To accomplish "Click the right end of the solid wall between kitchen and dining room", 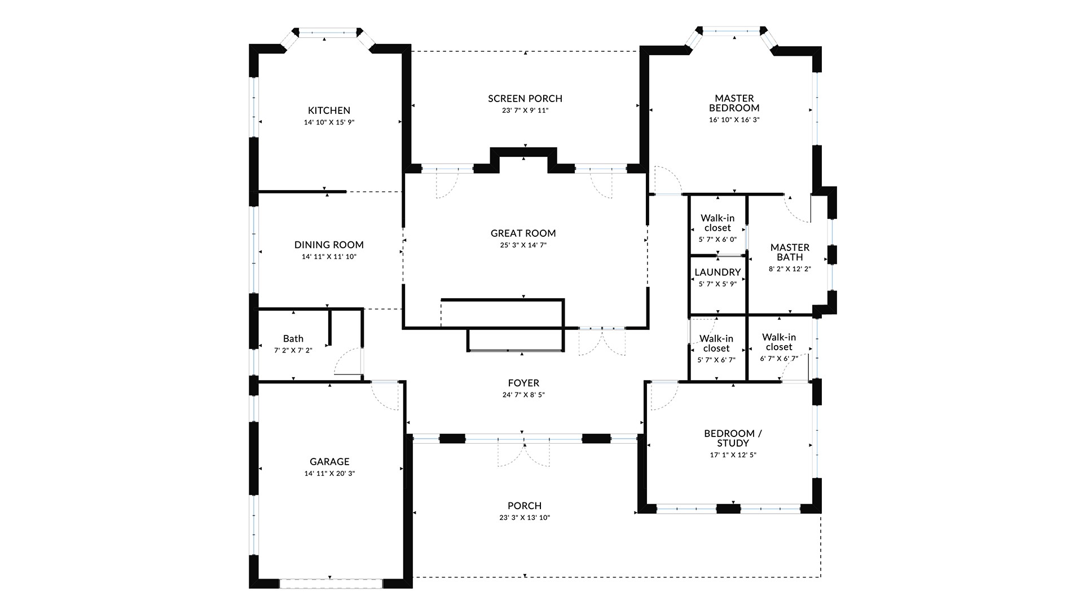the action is [x=346, y=192].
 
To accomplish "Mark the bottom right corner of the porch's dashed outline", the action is [x=821, y=577].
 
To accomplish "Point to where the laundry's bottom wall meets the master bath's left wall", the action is [x=747, y=315].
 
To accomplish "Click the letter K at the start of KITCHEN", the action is [x=311, y=111].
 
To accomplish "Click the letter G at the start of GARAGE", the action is [x=313, y=461].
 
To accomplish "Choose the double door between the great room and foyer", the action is [x=602, y=341].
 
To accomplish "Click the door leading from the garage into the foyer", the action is [x=385, y=395].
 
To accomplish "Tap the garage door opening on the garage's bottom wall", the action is [x=331, y=584].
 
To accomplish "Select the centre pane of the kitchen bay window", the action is [x=328, y=34].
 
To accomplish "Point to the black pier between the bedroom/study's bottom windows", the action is [x=728, y=509].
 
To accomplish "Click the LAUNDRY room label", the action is [x=717, y=272].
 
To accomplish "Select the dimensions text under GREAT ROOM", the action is [x=523, y=245].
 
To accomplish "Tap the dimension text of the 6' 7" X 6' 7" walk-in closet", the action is [x=779, y=359].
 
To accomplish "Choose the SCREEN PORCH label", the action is [x=525, y=99].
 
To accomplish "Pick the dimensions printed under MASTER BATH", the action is [x=790, y=269].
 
